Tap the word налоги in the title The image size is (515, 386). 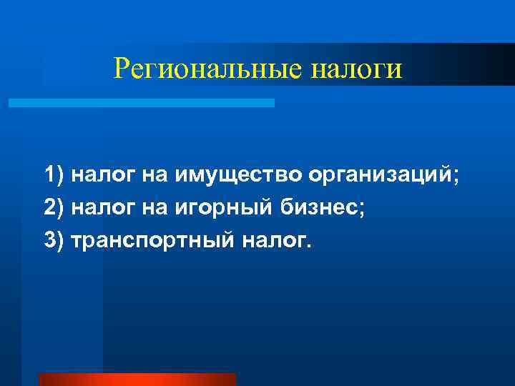(357, 69)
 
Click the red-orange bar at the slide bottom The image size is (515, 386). (137, 379)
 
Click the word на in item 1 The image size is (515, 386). (153, 174)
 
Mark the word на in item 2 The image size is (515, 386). (153, 208)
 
